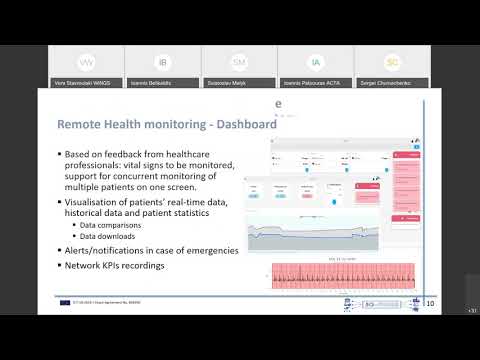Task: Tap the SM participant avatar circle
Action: pyautogui.click(x=239, y=62)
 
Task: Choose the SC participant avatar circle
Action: pyautogui.click(x=393, y=62)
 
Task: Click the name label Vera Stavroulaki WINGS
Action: pyautogui.click(x=80, y=82)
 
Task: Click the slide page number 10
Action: pyautogui.click(x=430, y=303)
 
